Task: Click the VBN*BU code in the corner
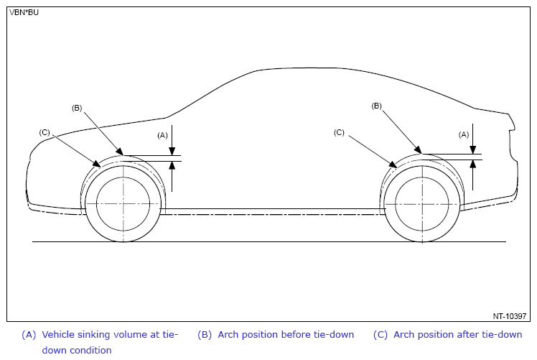pyautogui.click(x=24, y=12)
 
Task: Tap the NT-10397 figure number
pyautogui.click(x=510, y=316)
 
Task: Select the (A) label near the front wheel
pyautogui.click(x=162, y=135)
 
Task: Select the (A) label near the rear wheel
pyautogui.click(x=464, y=135)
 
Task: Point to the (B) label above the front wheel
pyautogui.click(x=77, y=108)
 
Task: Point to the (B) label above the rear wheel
pyautogui.click(x=376, y=106)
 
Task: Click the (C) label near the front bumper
pyautogui.click(x=45, y=132)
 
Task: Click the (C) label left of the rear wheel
pyautogui.click(x=339, y=132)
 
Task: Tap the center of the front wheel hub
pyautogui.click(x=123, y=204)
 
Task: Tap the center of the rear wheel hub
pyautogui.click(x=422, y=204)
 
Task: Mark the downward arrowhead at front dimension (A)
pyautogui.click(x=172, y=151)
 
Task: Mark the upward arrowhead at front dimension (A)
pyautogui.click(x=172, y=165)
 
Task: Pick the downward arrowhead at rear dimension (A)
pyautogui.click(x=472, y=150)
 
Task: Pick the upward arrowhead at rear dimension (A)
pyautogui.click(x=472, y=165)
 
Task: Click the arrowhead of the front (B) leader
pyautogui.click(x=119, y=152)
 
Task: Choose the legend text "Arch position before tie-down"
pyautogui.click(x=286, y=335)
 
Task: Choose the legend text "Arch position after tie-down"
pyautogui.click(x=458, y=335)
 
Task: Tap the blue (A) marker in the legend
pyautogui.click(x=29, y=335)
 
